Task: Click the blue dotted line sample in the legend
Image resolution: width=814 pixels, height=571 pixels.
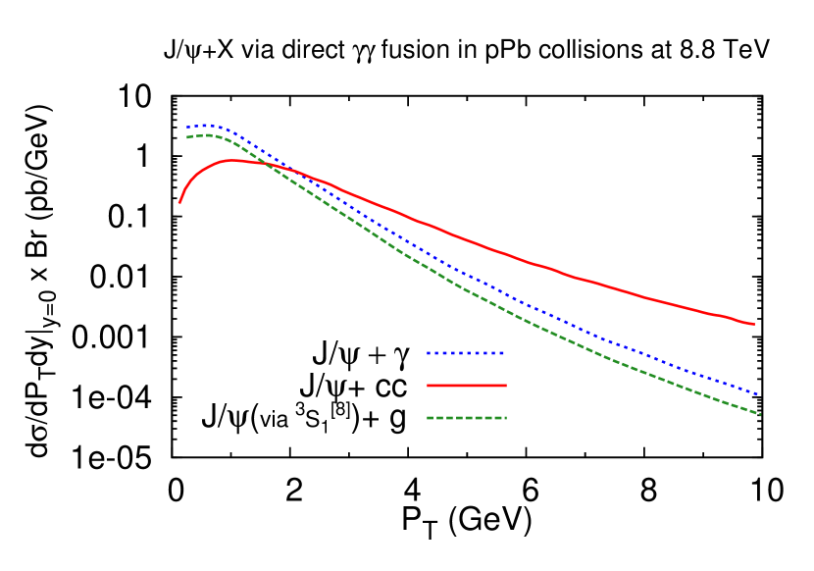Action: [x=466, y=353]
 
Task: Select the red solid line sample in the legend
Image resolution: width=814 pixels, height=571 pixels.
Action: [x=467, y=386]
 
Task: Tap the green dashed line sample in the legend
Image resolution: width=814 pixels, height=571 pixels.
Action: [x=467, y=418]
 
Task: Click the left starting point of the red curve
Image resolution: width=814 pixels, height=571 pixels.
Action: [x=179, y=203]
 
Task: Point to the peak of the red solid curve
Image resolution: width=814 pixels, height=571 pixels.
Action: [x=233, y=160]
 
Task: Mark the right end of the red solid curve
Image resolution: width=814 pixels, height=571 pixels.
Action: [x=754, y=324]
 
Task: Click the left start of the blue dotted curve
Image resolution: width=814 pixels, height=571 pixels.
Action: [x=187, y=128]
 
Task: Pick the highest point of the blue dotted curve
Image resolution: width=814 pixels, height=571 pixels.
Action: [x=207, y=125]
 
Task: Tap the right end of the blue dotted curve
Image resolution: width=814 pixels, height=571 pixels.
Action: [x=760, y=394]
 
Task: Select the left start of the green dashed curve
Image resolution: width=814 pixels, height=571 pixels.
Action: [x=187, y=137]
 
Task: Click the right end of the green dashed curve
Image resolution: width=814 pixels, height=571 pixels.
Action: [x=760, y=414]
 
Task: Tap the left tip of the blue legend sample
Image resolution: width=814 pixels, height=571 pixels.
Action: [x=428, y=353]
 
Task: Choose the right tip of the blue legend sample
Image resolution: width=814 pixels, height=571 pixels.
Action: [x=504, y=353]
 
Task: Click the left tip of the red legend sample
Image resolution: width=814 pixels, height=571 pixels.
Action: [x=428, y=386]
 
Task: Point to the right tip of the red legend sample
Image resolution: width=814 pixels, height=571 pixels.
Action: [x=506, y=386]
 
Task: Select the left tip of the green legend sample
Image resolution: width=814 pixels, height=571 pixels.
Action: [x=428, y=418]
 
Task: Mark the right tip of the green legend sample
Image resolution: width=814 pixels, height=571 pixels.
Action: [x=506, y=418]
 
